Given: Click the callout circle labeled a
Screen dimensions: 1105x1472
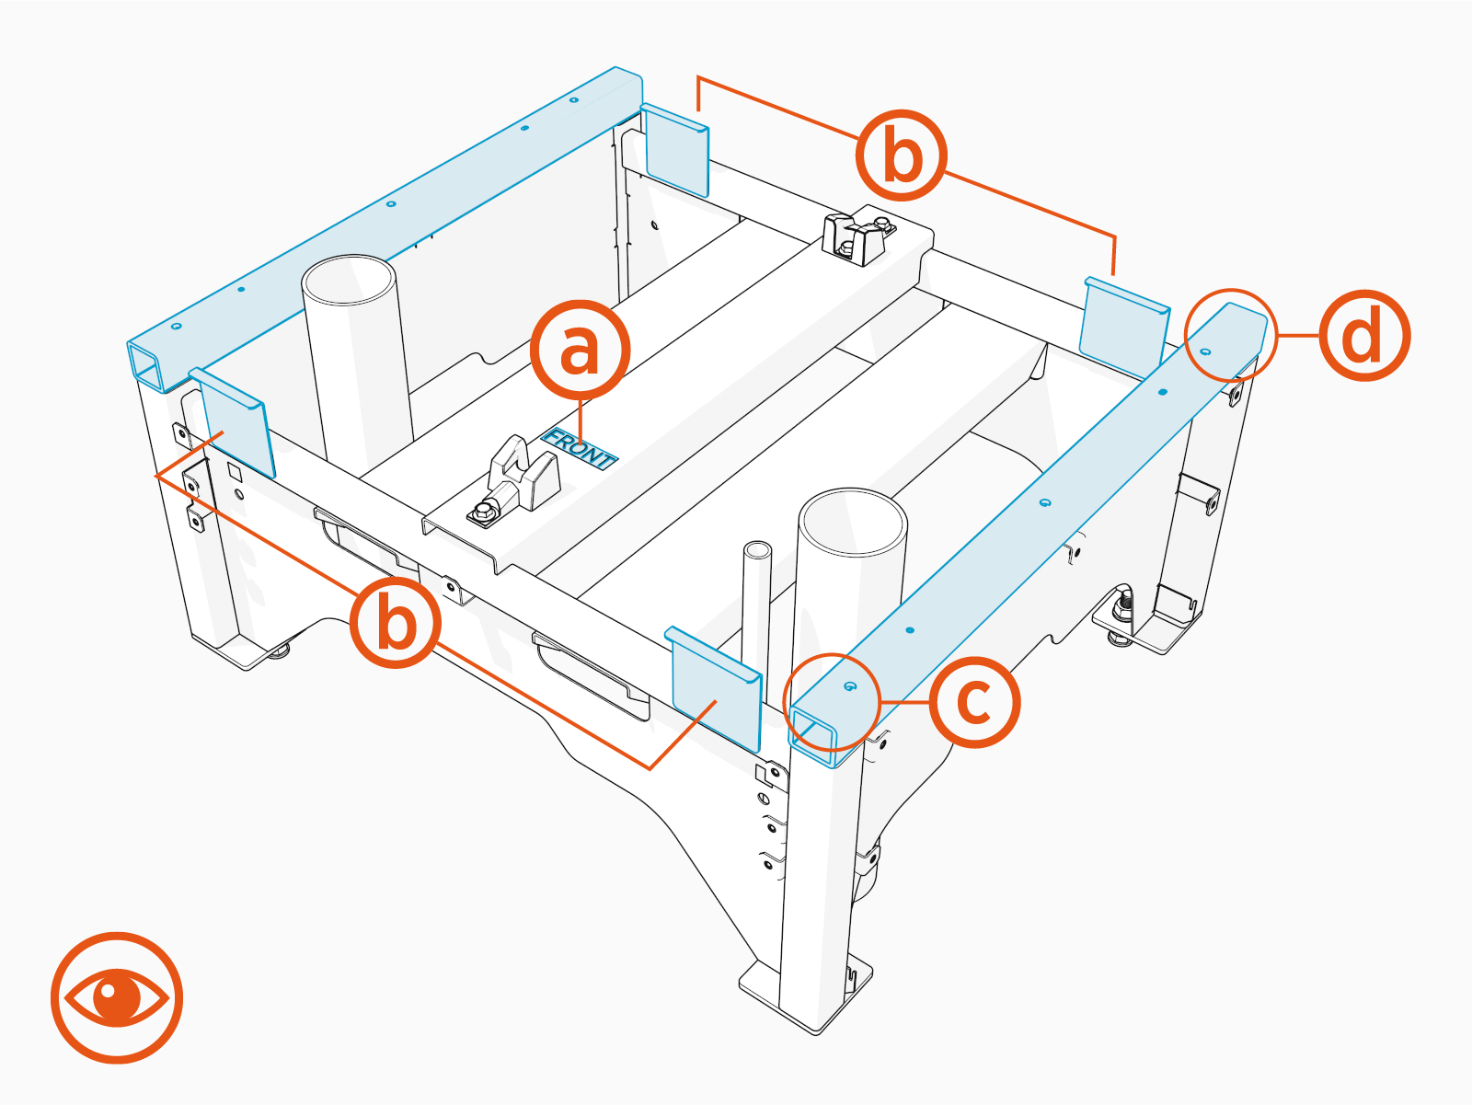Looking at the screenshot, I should coord(580,350).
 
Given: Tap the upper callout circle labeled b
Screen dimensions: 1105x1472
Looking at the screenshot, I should coord(902,155).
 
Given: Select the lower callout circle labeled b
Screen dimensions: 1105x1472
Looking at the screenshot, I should coord(396,623).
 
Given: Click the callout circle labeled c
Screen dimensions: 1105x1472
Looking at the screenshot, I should coord(974,702).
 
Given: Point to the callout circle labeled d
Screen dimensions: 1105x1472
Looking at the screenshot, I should coord(1364,336).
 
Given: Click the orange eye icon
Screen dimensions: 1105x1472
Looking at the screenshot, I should coord(117,997).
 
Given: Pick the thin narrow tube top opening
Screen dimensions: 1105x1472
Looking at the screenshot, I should coord(757,550).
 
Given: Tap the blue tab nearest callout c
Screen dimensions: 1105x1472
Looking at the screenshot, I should coord(716,685).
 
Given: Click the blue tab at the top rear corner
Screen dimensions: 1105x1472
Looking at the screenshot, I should coord(676,150).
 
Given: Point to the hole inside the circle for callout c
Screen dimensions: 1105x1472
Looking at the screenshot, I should coord(849,687).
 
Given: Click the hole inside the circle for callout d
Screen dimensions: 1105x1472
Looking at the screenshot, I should coord(1206,351).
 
